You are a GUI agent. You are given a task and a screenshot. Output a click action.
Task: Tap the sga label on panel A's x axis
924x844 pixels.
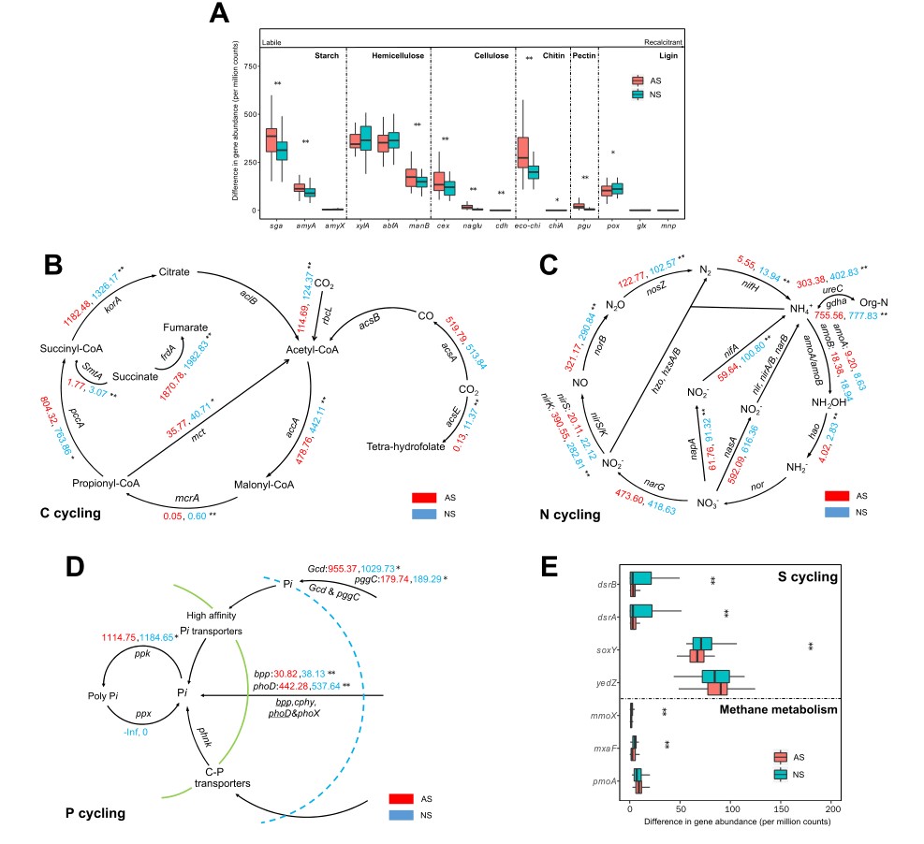tap(272, 226)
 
